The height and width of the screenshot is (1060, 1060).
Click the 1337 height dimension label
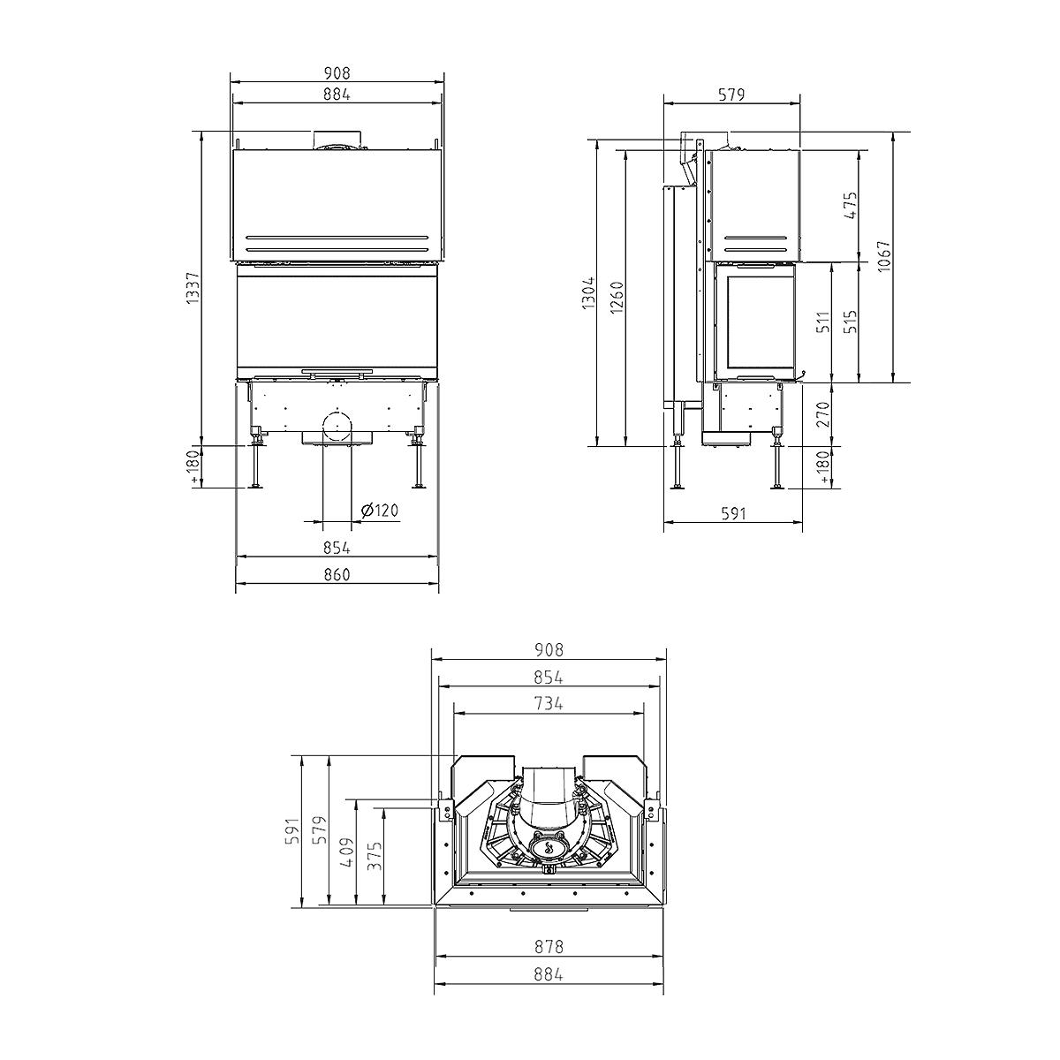click(193, 288)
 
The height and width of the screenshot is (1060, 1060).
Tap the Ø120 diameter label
click(380, 510)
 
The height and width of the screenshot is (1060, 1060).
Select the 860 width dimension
click(337, 574)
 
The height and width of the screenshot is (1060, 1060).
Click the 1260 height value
click(617, 298)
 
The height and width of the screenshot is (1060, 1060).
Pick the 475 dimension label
click(851, 206)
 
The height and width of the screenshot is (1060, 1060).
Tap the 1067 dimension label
click(883, 257)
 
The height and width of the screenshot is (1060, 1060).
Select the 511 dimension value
click(823, 322)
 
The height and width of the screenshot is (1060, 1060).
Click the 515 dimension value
click(851, 322)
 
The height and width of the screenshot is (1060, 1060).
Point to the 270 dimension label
click(823, 414)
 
